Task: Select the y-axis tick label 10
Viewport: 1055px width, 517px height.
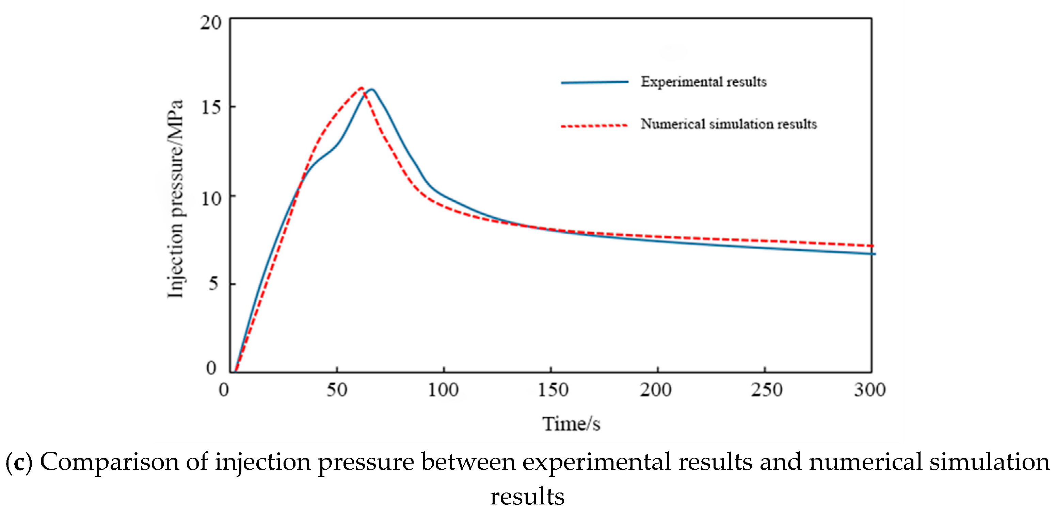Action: tap(211, 199)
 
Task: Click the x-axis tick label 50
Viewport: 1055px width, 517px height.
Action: tap(337, 390)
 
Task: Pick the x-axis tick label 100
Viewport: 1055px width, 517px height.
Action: tap(443, 390)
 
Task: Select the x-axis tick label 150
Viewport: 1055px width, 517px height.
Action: tap(553, 390)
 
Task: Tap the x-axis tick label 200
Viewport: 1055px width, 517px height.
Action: tap(656, 390)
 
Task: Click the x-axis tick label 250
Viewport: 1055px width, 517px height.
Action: tap(766, 390)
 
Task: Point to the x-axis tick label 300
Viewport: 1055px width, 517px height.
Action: tap(870, 390)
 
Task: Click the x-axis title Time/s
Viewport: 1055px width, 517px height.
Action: tap(571, 424)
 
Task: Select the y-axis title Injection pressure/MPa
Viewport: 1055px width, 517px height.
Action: tap(175, 199)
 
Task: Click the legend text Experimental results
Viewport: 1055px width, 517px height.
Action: tap(704, 82)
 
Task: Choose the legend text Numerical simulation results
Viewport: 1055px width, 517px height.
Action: tap(729, 124)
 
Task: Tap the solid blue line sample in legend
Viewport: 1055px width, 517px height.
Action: tap(594, 82)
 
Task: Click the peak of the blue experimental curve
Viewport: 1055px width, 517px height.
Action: tap(372, 89)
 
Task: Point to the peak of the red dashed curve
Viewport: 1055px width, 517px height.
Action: tap(361, 88)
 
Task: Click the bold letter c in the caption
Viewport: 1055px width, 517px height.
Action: tap(19, 463)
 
